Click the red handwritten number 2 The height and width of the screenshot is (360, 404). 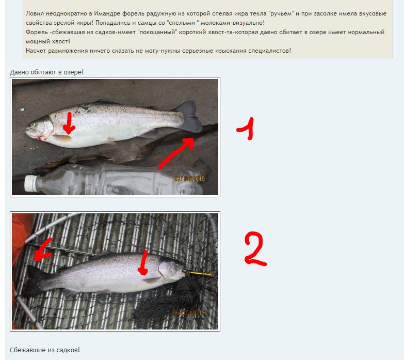coord(255,248)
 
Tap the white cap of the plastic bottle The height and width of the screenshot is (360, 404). coord(30,183)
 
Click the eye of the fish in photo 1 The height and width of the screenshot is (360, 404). coord(33,125)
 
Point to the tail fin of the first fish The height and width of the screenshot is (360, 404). coord(189,117)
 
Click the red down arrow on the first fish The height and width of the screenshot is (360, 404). coord(69,123)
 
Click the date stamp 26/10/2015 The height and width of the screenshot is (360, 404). coord(189,179)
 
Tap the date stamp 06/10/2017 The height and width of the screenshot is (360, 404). coord(189,313)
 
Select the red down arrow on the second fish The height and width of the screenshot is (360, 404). coord(143,262)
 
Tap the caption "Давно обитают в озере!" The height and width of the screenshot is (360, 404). coord(46,72)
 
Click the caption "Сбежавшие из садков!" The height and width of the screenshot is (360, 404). coord(45,350)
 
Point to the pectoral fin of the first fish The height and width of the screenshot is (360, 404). coord(62,138)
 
